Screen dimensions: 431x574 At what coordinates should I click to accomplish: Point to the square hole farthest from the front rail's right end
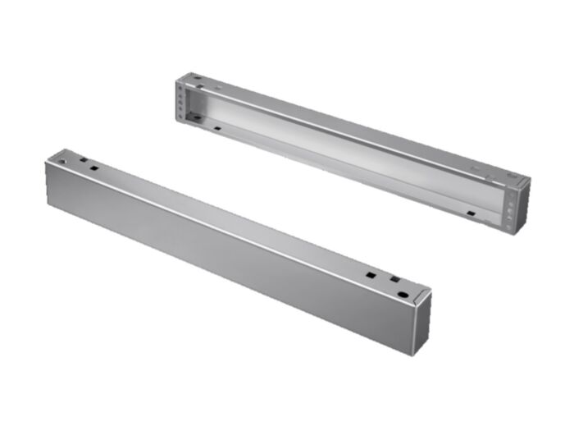click(371, 274)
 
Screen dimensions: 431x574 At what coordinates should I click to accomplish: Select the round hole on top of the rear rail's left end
click(197, 80)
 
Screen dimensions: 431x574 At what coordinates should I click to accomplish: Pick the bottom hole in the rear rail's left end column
click(184, 115)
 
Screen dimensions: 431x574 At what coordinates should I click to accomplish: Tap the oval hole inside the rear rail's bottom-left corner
click(197, 120)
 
